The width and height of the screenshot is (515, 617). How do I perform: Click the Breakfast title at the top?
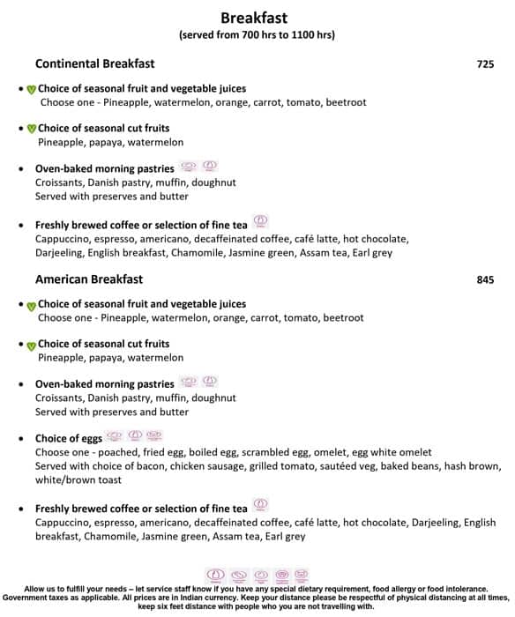(254, 18)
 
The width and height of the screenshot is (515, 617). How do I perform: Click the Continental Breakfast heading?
(94, 63)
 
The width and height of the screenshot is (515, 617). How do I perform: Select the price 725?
(485, 64)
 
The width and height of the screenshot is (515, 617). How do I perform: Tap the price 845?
(485, 280)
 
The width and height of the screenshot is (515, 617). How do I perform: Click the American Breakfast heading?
(88, 279)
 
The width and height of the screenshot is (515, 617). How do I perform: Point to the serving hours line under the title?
(256, 35)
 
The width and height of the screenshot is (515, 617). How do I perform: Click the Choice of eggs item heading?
(68, 438)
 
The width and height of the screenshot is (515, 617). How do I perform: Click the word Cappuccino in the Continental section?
(64, 239)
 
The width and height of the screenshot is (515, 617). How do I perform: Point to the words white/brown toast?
(78, 480)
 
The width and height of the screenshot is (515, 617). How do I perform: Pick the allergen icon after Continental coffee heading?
(260, 221)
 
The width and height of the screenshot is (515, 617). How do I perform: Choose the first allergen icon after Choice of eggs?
(114, 435)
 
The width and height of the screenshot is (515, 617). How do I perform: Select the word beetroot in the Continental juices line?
(345, 103)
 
